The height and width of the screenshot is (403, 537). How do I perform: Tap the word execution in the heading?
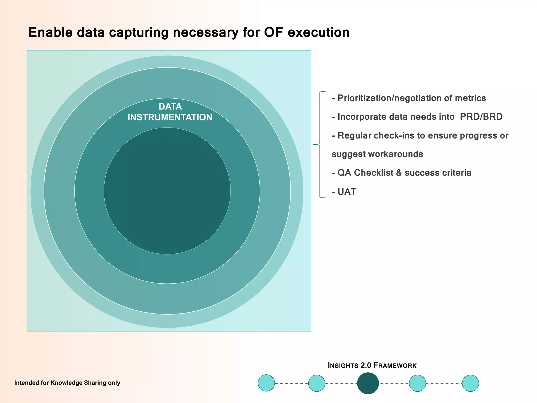[x=318, y=33]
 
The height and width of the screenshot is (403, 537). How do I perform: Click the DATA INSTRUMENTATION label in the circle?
[x=170, y=112]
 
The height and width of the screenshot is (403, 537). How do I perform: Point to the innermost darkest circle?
[x=167, y=191]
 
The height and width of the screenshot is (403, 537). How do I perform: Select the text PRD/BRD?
[x=481, y=117]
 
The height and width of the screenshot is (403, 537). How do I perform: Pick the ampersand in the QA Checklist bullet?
[x=399, y=173]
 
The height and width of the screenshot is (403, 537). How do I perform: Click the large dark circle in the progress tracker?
[x=368, y=383]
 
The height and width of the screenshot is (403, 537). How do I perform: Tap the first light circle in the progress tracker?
[x=266, y=383]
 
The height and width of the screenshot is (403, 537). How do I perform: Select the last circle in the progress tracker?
[x=470, y=383]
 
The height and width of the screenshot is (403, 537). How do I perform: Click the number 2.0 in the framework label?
[x=366, y=365]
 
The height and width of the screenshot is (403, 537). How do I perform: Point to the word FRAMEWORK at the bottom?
[x=395, y=365]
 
